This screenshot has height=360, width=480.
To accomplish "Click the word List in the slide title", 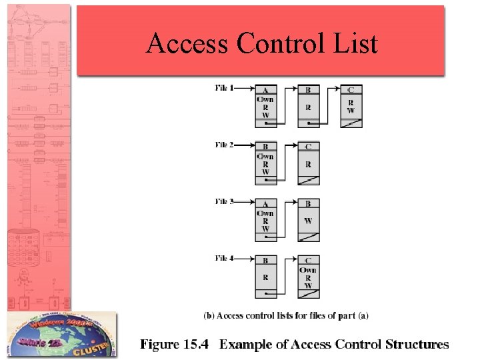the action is point(355,44).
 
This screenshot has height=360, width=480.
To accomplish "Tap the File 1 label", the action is point(225,87).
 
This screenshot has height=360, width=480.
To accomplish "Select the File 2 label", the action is point(225,145).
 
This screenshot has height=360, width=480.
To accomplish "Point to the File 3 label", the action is point(225,201).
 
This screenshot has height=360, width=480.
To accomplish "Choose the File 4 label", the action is point(225,258).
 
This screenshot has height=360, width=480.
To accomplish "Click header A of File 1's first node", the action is point(265,90).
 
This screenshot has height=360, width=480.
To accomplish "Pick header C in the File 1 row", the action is point(351,90).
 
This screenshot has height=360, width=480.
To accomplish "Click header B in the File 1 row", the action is point(308,90).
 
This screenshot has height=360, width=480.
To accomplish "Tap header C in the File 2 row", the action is point(308,147).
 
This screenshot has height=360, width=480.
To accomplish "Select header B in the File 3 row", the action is point(308,204).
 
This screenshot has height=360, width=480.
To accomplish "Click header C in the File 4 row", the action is point(308,261).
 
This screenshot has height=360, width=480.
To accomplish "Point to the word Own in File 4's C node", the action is point(308,270).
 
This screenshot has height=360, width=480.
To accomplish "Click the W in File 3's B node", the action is point(308,221).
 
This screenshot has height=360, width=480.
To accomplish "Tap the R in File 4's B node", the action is point(265,276).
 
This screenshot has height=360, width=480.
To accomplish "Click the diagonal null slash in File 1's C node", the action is point(351,123).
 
